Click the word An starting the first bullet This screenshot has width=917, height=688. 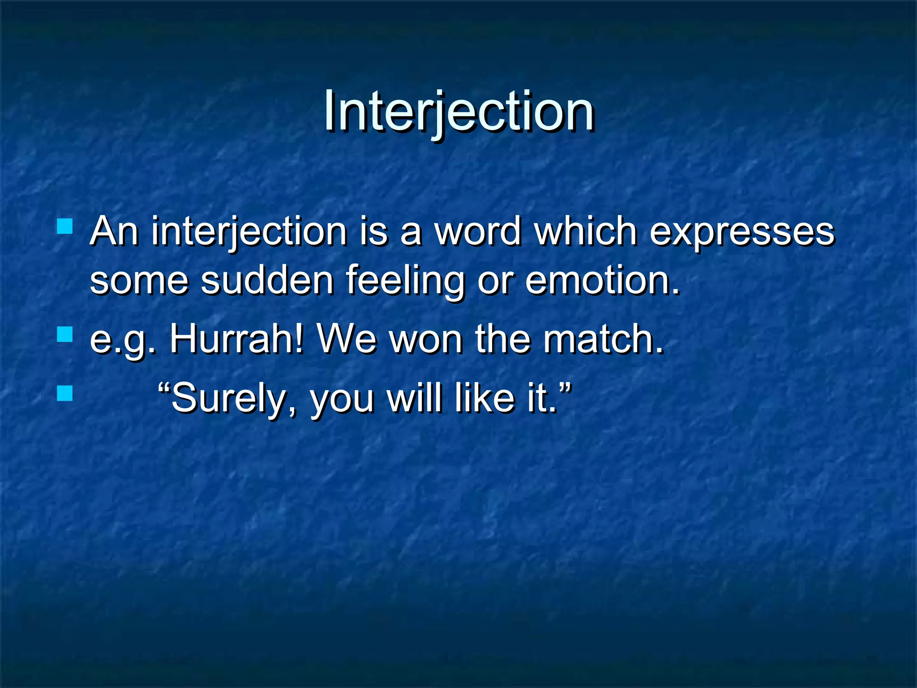click(x=114, y=232)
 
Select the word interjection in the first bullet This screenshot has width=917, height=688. click(x=249, y=232)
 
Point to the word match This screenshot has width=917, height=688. click(x=602, y=339)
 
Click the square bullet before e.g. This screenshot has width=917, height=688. click(x=65, y=334)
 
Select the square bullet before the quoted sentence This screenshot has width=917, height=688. click(x=65, y=393)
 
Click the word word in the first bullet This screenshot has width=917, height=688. click(x=478, y=232)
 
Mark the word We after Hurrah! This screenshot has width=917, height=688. click(x=346, y=339)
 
